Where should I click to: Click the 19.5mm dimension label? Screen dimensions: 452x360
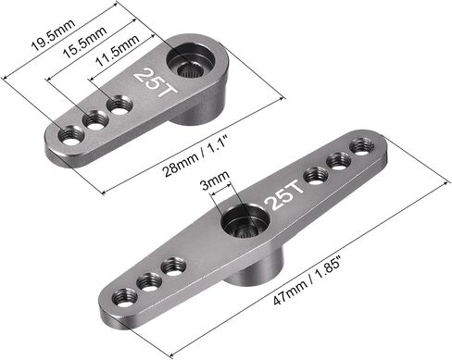tap(54, 35)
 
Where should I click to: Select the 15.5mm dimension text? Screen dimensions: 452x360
tap(85, 42)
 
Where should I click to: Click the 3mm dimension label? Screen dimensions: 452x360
tap(215, 180)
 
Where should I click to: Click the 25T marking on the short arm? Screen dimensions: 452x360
tap(156, 81)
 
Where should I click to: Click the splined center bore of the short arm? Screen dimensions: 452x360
tap(188, 70)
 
